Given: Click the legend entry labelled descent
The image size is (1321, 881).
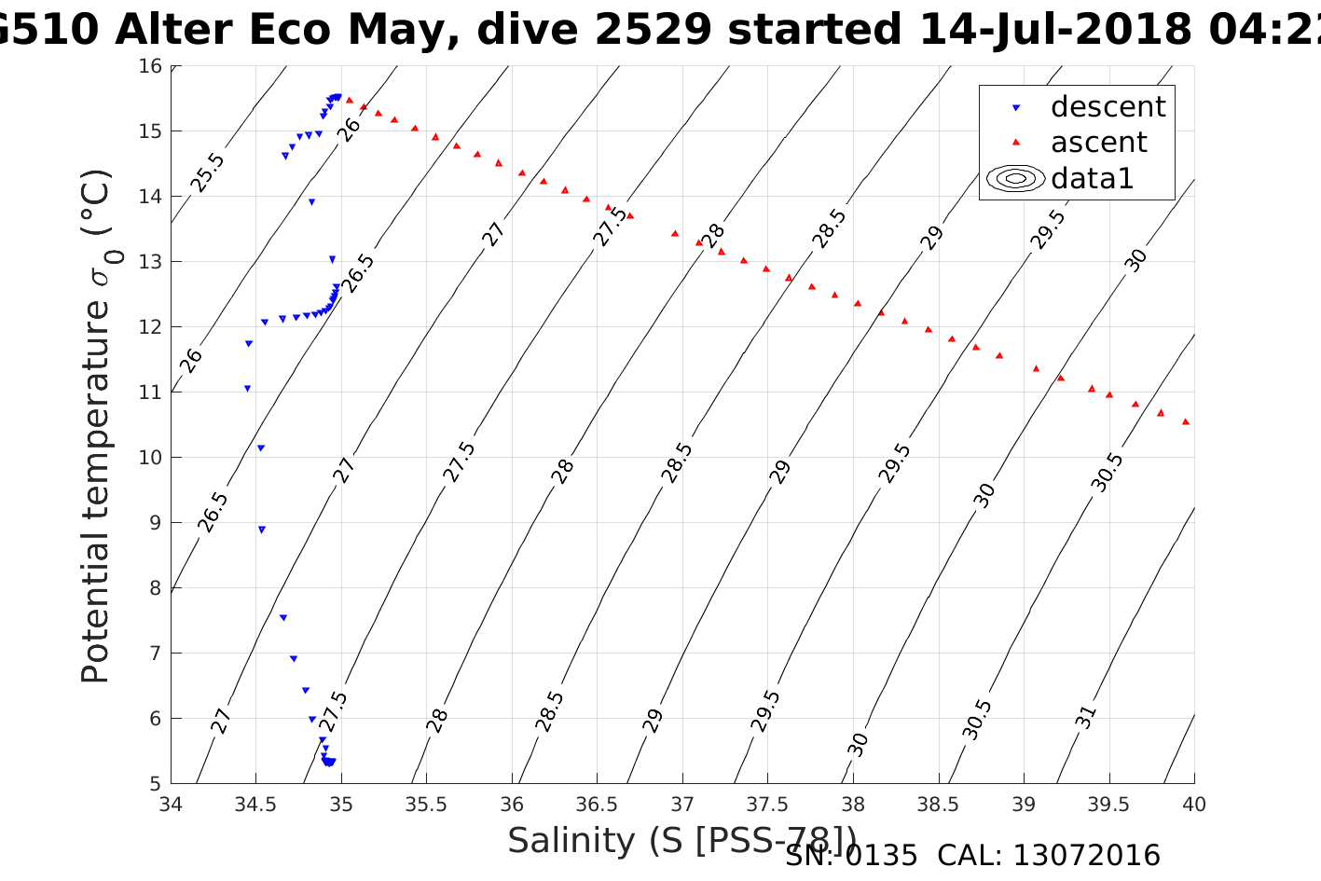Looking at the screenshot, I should (x=1108, y=107).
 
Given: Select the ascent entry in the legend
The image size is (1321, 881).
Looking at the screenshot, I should (x=1098, y=143).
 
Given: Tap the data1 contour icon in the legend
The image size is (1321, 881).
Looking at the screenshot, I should (x=1015, y=178).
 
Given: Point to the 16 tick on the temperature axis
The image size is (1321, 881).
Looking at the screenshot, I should (x=151, y=66).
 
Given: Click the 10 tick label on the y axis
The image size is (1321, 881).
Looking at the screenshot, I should (x=151, y=458).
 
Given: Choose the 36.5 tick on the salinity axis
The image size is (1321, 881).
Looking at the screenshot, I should (x=597, y=805).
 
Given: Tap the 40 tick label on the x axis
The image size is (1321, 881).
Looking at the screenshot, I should (x=1194, y=805).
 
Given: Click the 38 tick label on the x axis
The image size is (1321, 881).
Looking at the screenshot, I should (x=853, y=805).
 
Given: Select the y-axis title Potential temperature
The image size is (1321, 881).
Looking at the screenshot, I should (x=96, y=426).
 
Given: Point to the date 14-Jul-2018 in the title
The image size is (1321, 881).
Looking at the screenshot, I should (x=1054, y=30).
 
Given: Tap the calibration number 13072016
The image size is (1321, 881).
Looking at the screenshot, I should (x=1087, y=856).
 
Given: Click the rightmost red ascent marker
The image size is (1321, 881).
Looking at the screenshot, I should (x=1186, y=422).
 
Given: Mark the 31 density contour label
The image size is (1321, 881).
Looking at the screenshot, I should (x=1086, y=718).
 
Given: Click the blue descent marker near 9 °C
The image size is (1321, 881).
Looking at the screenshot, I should (x=262, y=530).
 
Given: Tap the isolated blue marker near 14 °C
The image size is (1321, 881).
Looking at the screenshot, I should (x=311, y=202).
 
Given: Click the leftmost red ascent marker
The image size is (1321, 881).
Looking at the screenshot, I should (x=350, y=100).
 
